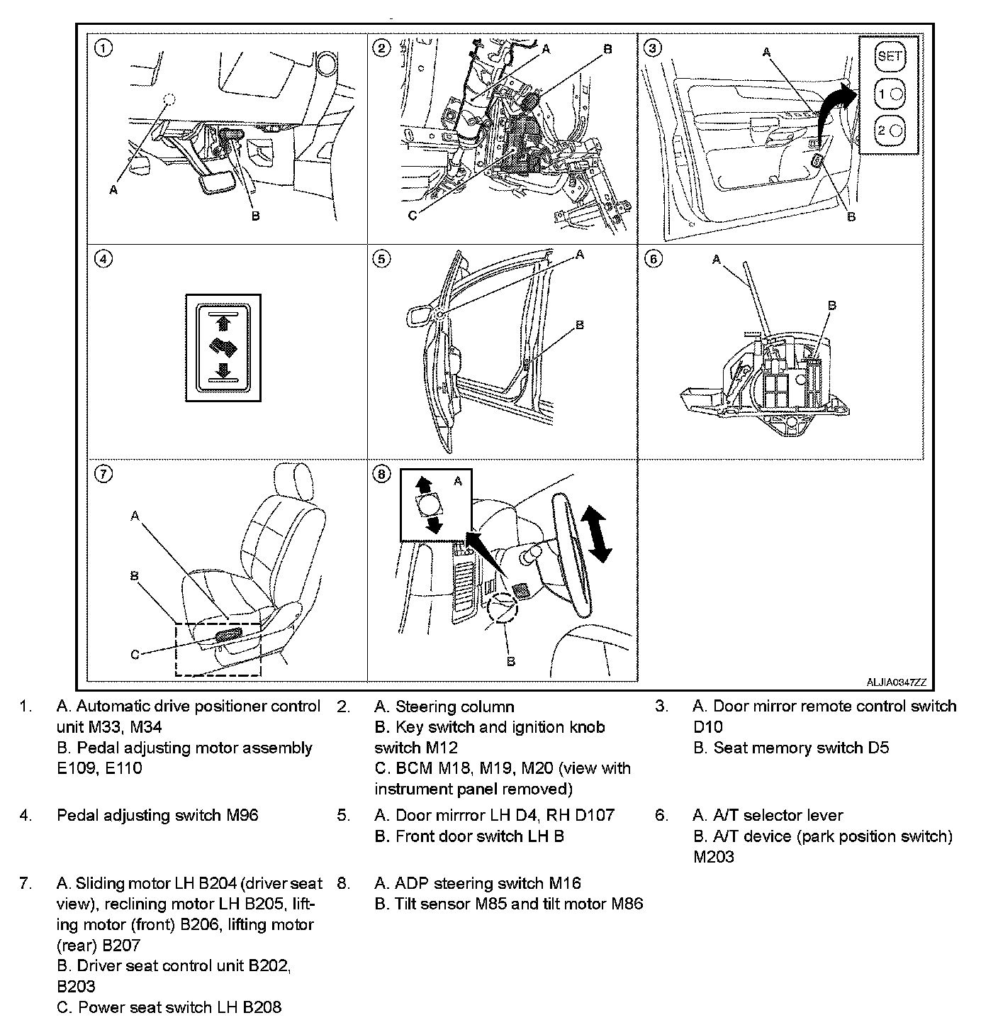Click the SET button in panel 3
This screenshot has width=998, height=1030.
pyautogui.click(x=890, y=55)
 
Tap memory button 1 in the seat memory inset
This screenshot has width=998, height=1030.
pyautogui.click(x=890, y=93)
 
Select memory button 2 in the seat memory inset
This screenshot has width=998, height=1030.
pyautogui.click(x=890, y=131)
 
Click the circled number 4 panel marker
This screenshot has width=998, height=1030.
pyautogui.click(x=103, y=259)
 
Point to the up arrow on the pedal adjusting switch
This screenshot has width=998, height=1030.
pyautogui.click(x=223, y=323)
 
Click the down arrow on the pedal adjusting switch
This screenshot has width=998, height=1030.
pyautogui.click(x=223, y=370)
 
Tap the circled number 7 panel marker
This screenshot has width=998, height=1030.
pyautogui.click(x=103, y=475)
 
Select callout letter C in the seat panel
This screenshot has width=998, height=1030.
pyautogui.click(x=135, y=655)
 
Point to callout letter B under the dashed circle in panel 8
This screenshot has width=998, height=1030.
pyautogui.click(x=510, y=661)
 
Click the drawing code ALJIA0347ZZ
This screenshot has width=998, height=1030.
pyautogui.click(x=896, y=682)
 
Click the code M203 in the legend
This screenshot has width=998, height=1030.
pyautogui.click(x=714, y=857)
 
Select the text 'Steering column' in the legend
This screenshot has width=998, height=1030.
pyautogui.click(x=454, y=707)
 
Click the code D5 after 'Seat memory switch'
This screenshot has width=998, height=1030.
pyautogui.click(x=878, y=748)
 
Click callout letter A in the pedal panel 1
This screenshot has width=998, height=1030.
pyautogui.click(x=113, y=189)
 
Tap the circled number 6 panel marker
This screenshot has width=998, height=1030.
pyautogui.click(x=654, y=259)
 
